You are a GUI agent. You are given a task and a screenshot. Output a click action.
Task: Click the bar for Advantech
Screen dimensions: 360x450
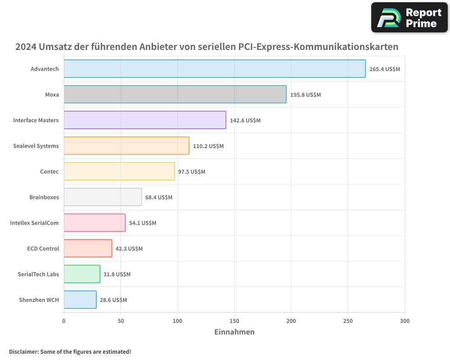[215, 69]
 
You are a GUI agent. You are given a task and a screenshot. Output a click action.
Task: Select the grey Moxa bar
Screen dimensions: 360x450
[175, 94]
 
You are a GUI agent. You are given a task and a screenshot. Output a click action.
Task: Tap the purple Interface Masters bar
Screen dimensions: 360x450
[145, 120]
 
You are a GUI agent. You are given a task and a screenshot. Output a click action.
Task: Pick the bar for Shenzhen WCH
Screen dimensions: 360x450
[80, 300]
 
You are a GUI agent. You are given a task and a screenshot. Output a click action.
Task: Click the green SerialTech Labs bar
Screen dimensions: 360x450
[82, 274]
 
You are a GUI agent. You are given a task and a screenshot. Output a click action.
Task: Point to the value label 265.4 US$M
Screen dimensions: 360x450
[384, 69]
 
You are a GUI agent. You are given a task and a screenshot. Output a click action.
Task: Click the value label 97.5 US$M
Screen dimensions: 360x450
[192, 172]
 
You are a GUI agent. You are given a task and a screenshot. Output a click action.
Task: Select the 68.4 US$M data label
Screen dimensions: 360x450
[158, 198]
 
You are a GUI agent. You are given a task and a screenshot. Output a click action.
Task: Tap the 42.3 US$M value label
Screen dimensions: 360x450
[129, 249]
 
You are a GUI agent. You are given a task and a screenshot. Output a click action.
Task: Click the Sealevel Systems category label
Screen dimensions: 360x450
[36, 146]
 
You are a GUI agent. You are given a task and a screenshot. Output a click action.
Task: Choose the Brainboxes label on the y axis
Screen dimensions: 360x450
[44, 197]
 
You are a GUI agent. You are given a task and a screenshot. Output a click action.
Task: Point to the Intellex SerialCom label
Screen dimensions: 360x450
[34, 223]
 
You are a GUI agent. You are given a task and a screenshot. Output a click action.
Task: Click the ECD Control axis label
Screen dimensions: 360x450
[43, 248]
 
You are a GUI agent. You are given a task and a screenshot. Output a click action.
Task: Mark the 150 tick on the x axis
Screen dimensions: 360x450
[234, 321]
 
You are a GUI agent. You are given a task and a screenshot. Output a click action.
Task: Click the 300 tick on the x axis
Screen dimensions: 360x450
[405, 321]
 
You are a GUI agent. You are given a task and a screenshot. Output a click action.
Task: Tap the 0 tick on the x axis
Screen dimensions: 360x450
[64, 321]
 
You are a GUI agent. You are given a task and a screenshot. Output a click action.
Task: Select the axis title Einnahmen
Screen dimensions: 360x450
[234, 332]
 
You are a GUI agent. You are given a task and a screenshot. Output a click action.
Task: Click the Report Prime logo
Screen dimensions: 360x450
[409, 18]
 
